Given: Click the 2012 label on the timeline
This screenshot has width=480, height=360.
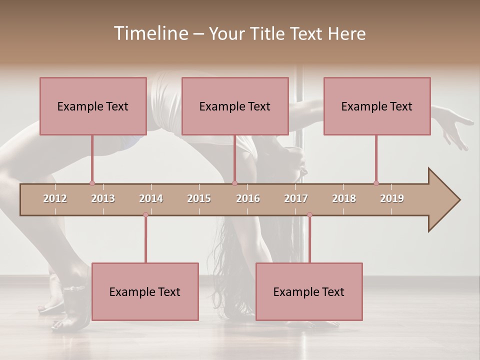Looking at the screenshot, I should coord(55,198).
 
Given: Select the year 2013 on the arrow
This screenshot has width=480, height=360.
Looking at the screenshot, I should coord(103,198).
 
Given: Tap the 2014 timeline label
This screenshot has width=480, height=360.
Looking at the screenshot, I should coord(151,198).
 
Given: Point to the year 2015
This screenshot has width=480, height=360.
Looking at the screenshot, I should coord(199,198).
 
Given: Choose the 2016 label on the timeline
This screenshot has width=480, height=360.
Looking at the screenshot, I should coord(248,198).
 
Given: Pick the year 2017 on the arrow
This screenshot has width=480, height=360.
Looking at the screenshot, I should coord(296,198).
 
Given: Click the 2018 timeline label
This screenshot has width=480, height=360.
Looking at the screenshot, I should coord(344,198).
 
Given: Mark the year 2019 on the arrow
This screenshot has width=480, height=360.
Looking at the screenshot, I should coord(392,198).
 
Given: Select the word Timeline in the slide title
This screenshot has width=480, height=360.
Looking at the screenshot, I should coord(150,33).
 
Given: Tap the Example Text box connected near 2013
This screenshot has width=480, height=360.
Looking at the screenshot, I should coord(93,106).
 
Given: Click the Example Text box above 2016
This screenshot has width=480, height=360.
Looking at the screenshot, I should coord(235,106).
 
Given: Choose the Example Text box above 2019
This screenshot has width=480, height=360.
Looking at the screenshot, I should coord(377,106).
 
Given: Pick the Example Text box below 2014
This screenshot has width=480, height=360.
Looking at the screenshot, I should coord(145,291).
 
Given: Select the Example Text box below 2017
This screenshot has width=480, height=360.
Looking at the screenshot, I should coord(309,291).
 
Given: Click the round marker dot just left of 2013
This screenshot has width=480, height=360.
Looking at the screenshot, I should coord(92,183).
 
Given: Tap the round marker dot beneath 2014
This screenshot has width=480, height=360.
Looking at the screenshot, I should coord(145,214).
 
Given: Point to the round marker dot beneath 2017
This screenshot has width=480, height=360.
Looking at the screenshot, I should coord(309,214).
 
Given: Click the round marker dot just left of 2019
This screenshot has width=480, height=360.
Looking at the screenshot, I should coord(376,183).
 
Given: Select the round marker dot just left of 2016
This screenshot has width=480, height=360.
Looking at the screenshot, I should coord(234,183).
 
